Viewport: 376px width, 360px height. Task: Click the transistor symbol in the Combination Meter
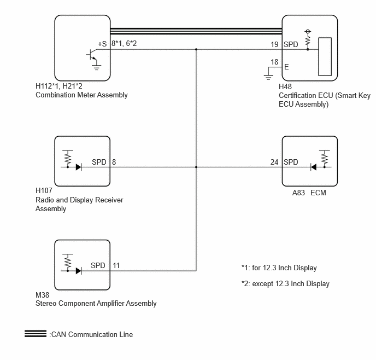[x=92, y=55]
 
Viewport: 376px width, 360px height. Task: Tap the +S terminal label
[x=102, y=44]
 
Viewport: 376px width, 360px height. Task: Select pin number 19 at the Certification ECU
[x=274, y=44]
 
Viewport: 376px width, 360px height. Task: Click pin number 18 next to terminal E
[x=274, y=62]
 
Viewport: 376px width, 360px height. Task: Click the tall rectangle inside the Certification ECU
[x=325, y=57]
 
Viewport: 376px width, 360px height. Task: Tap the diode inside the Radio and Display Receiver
[x=78, y=167]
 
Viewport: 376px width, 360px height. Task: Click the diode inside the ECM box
[x=313, y=167]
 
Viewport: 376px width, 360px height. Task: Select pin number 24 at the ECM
[x=274, y=162]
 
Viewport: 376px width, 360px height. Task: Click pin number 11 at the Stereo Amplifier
[x=116, y=265]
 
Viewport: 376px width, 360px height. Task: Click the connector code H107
[x=44, y=190]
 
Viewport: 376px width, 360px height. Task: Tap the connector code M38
[x=42, y=295]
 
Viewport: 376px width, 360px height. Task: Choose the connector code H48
[x=285, y=86]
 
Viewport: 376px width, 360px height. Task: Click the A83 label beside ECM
[x=298, y=193]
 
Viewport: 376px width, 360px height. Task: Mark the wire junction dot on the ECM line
[x=196, y=167]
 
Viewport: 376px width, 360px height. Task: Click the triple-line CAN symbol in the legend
[x=36, y=334]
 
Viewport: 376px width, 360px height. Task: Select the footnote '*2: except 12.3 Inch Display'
[x=285, y=284]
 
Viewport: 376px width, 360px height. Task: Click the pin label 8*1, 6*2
[x=124, y=43]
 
